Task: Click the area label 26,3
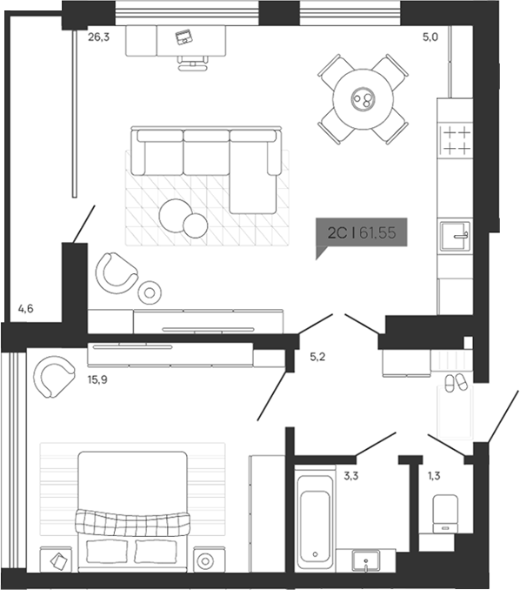98,37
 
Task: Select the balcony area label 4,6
26,308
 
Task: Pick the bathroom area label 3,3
351,476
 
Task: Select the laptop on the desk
183,37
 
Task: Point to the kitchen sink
456,234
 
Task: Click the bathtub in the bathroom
312,519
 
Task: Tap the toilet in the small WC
445,513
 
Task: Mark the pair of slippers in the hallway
454,381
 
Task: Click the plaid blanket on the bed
132,520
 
